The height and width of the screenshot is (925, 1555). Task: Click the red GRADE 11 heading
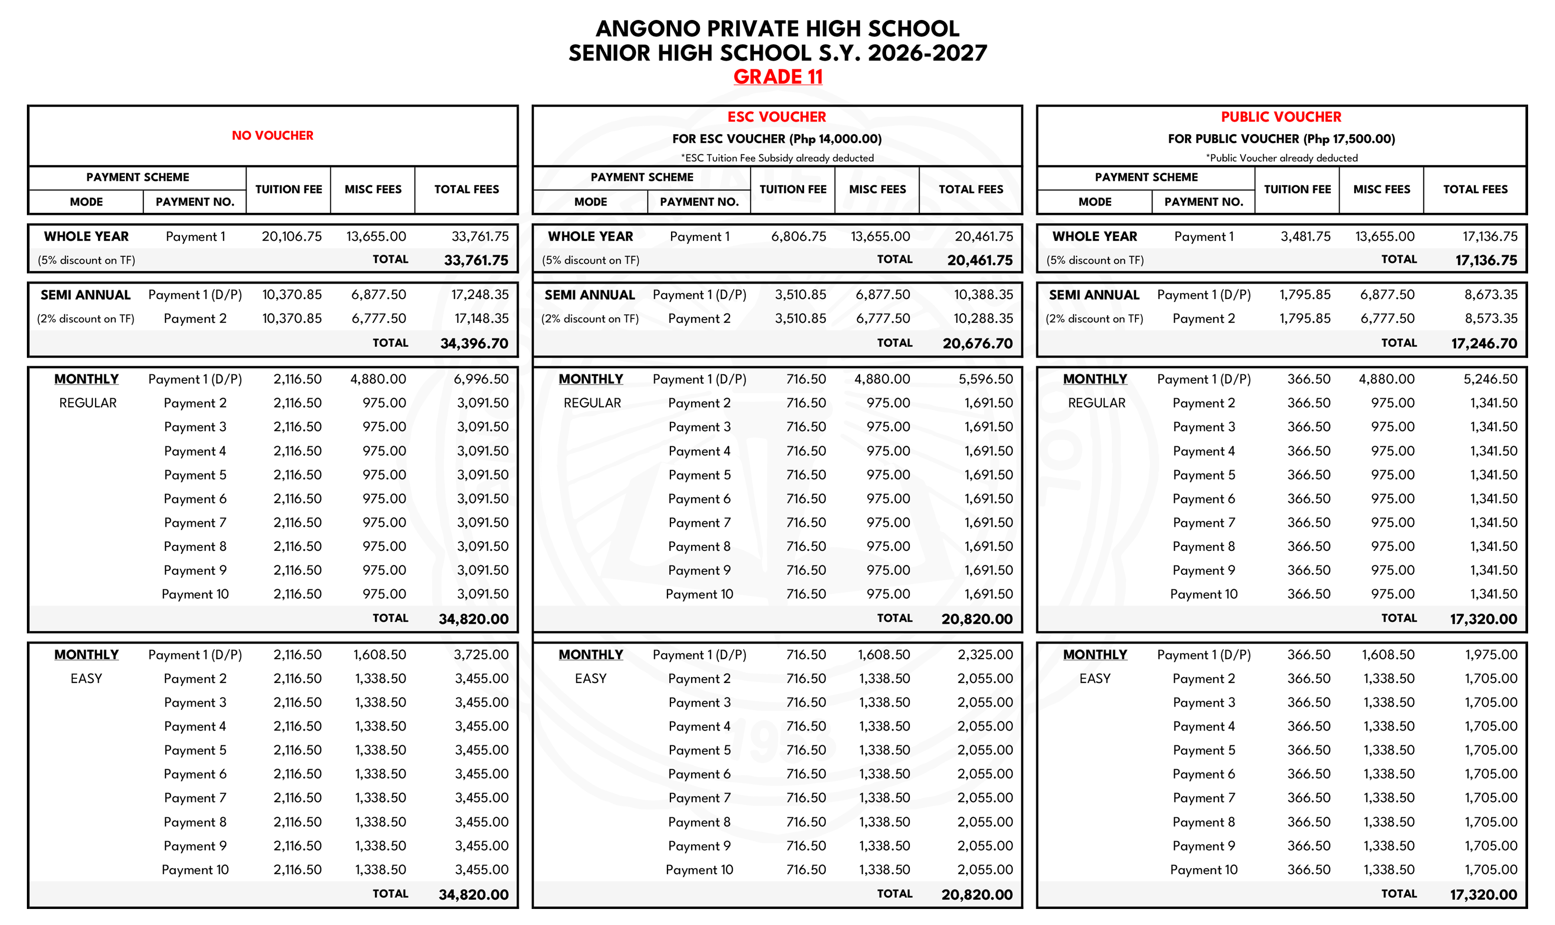click(x=777, y=77)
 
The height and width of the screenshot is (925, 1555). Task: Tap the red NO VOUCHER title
click(x=272, y=135)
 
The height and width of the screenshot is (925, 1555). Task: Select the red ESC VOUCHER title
click(x=776, y=117)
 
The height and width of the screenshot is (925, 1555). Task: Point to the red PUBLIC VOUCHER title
click(x=1281, y=117)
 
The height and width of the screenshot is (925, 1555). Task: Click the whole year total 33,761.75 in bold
click(x=476, y=261)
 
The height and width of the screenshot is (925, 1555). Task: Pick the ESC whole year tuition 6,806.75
click(x=799, y=237)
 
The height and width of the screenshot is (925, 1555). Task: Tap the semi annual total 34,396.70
click(x=474, y=343)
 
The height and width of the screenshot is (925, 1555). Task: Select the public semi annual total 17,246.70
click(x=1483, y=343)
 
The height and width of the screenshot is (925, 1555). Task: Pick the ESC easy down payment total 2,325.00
click(x=985, y=655)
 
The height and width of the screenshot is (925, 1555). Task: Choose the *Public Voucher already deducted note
click(x=1281, y=158)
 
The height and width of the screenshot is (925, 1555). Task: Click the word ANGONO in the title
click(x=648, y=29)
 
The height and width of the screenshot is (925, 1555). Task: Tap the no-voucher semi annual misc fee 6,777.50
click(x=378, y=319)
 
